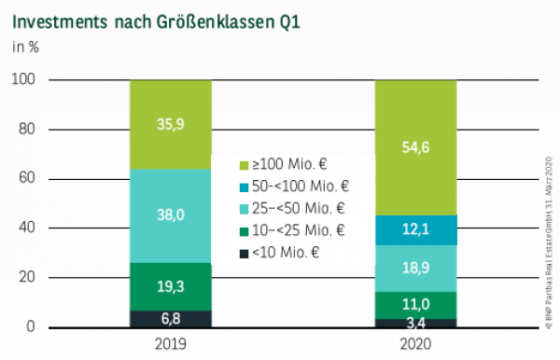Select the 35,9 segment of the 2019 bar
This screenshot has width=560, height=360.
[x=171, y=124]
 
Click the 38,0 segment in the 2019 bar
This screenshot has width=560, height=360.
[x=171, y=214]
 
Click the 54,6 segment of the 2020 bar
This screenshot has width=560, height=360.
[x=416, y=147]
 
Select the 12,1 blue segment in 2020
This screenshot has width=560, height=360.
[x=416, y=229]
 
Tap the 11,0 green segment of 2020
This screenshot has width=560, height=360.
[x=416, y=304]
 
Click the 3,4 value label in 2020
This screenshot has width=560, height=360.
[x=416, y=323]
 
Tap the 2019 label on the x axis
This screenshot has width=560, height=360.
[x=171, y=344]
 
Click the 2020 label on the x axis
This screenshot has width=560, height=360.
[x=416, y=344]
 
